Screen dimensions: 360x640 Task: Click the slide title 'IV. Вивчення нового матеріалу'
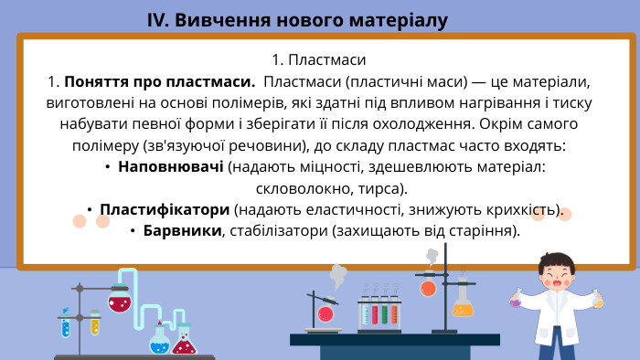click(x=297, y=20)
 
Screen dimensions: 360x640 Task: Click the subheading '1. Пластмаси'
click(x=319, y=60)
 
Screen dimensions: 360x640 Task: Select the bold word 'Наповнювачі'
click(x=171, y=167)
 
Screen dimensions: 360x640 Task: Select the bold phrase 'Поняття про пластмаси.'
click(x=159, y=82)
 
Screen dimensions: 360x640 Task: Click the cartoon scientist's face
click(x=558, y=275)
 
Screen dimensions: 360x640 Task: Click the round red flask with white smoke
click(x=325, y=312)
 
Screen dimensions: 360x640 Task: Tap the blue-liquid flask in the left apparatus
click(x=160, y=342)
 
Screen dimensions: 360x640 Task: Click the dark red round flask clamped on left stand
click(x=119, y=300)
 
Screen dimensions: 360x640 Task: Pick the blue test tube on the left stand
click(x=65, y=323)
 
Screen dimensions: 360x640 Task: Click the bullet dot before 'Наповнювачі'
click(x=108, y=167)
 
